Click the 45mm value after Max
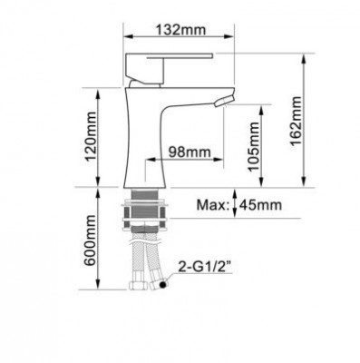tap(261, 205)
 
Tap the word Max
tap(212, 205)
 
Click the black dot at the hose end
tap(163, 285)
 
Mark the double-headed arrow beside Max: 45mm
tap(235, 205)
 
